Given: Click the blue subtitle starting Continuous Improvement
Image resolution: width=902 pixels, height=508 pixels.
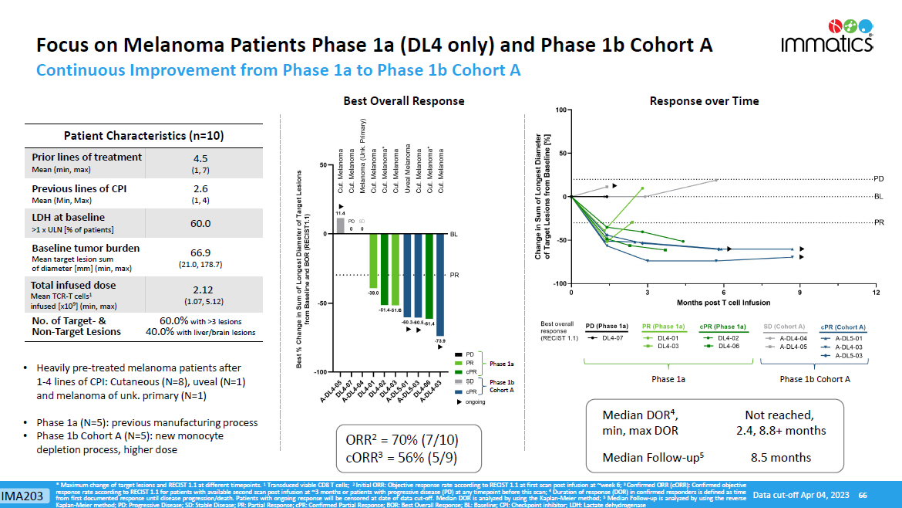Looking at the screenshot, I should (x=278, y=70).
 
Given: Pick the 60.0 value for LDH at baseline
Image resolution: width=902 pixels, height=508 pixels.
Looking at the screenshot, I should (x=200, y=223).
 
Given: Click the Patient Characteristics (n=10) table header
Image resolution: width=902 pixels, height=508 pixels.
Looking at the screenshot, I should (x=144, y=136).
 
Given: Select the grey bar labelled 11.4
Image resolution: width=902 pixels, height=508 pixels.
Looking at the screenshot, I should (x=340, y=225).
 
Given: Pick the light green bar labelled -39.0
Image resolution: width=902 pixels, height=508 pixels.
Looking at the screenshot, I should (x=373, y=259).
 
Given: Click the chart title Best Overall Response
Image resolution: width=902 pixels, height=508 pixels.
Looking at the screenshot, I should (x=403, y=101).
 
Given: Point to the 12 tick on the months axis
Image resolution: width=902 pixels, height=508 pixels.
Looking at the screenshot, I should (x=876, y=292).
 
